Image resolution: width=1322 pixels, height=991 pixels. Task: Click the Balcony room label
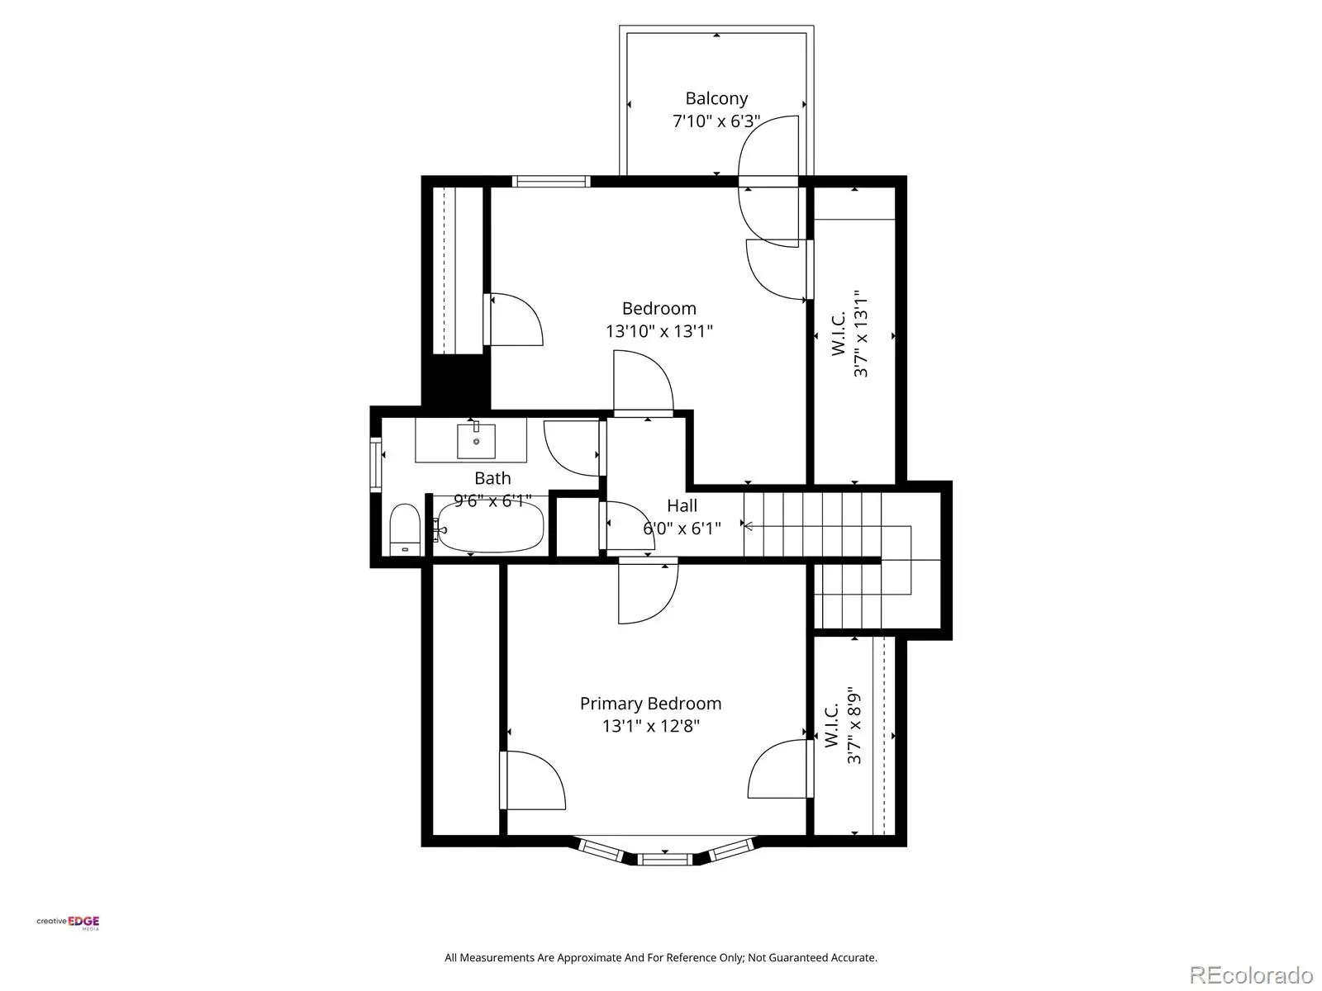click(716, 98)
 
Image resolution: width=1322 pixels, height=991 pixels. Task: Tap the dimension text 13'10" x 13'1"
click(659, 331)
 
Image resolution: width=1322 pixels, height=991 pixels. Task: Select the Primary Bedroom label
click(650, 704)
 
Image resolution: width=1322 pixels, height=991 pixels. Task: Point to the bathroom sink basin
click(476, 441)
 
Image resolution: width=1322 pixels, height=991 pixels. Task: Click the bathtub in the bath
click(490, 527)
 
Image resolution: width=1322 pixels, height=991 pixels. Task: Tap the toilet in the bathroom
click(405, 529)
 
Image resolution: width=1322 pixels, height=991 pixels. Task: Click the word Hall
click(682, 505)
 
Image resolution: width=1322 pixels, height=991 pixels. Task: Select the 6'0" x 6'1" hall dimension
click(682, 529)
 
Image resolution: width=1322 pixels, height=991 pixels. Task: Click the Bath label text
click(492, 478)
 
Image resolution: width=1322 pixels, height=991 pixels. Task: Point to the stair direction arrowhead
click(749, 527)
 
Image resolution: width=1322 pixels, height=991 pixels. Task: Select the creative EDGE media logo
click(68, 922)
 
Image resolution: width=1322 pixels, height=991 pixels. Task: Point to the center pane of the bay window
click(665, 859)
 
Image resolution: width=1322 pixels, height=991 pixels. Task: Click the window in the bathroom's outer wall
click(376, 465)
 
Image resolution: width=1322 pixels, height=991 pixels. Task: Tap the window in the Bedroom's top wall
click(551, 181)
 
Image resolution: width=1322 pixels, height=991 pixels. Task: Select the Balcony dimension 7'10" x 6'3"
click(716, 121)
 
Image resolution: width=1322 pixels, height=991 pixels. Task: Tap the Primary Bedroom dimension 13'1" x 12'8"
click(650, 726)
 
